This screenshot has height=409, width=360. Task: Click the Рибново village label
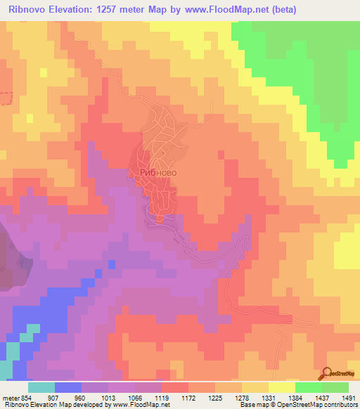153,171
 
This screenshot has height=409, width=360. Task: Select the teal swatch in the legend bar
41,387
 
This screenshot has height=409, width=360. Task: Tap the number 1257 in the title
121,10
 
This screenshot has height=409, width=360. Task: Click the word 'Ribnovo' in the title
28,10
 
